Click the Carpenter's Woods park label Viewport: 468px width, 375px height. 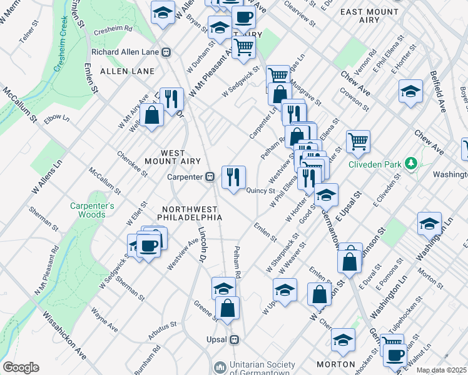[x=88, y=210]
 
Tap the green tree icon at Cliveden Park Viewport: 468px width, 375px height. [x=411, y=164]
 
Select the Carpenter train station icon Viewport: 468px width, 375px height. [x=212, y=177]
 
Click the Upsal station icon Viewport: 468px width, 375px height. [x=235, y=340]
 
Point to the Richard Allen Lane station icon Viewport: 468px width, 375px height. [x=166, y=52]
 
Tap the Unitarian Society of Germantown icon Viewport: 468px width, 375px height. [x=220, y=366]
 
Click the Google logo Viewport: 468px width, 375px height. [x=21, y=367]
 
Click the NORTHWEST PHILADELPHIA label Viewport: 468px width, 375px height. [x=192, y=213]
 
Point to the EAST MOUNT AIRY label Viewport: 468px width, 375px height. [x=369, y=12]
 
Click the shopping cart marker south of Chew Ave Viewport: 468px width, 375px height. [x=358, y=141]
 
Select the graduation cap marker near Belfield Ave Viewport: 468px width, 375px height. [x=410, y=91]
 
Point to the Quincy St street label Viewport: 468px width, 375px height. [x=261, y=191]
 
